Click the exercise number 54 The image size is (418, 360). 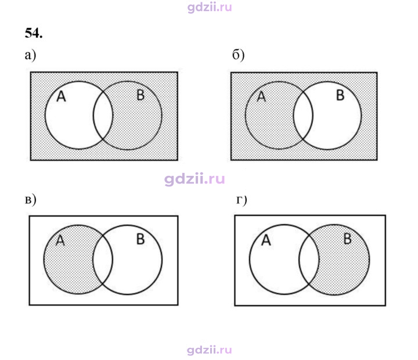click(x=34, y=33)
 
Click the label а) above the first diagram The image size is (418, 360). click(x=30, y=56)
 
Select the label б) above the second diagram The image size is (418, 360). click(x=239, y=55)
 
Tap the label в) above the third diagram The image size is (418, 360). click(x=30, y=200)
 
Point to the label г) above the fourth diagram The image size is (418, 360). click(x=242, y=200)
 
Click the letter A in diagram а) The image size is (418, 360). click(x=61, y=96)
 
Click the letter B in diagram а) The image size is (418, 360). click(x=140, y=95)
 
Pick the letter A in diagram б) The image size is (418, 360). click(x=261, y=96)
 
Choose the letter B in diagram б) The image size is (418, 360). click(x=340, y=95)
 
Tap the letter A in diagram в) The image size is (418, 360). click(x=60, y=240)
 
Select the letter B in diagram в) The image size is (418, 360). click(x=140, y=239)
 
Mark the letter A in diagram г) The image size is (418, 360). click(x=266, y=240)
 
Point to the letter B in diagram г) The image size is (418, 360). click(x=347, y=239)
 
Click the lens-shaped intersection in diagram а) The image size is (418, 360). click(x=103, y=115)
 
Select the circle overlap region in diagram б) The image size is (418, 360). click(x=303, y=116)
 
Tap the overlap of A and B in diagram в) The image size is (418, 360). click(x=103, y=260)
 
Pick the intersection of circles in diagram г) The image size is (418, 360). click(x=309, y=260)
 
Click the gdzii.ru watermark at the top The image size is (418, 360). click(x=210, y=7)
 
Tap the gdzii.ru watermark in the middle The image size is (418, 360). click(x=194, y=179)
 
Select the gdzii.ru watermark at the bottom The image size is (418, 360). click(x=210, y=350)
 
